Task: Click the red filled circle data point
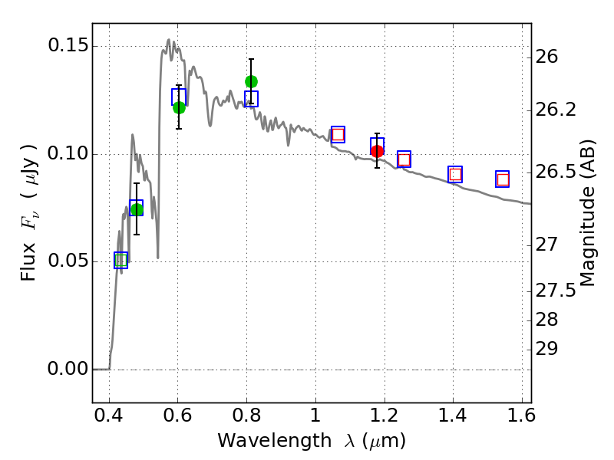(377, 151)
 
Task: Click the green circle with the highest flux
(251, 81)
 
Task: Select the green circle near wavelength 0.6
(179, 107)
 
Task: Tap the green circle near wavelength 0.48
(137, 209)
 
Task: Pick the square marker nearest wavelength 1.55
(503, 179)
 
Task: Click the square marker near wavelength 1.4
(455, 175)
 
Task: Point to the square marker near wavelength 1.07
(338, 134)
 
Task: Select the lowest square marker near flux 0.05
(120, 261)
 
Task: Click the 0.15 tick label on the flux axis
(67, 46)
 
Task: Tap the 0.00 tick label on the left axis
(67, 370)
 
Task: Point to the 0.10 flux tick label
(67, 154)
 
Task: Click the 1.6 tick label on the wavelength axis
(521, 419)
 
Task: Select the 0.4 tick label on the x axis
(109, 419)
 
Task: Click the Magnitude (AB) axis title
(588, 212)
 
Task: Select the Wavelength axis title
(311, 441)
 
